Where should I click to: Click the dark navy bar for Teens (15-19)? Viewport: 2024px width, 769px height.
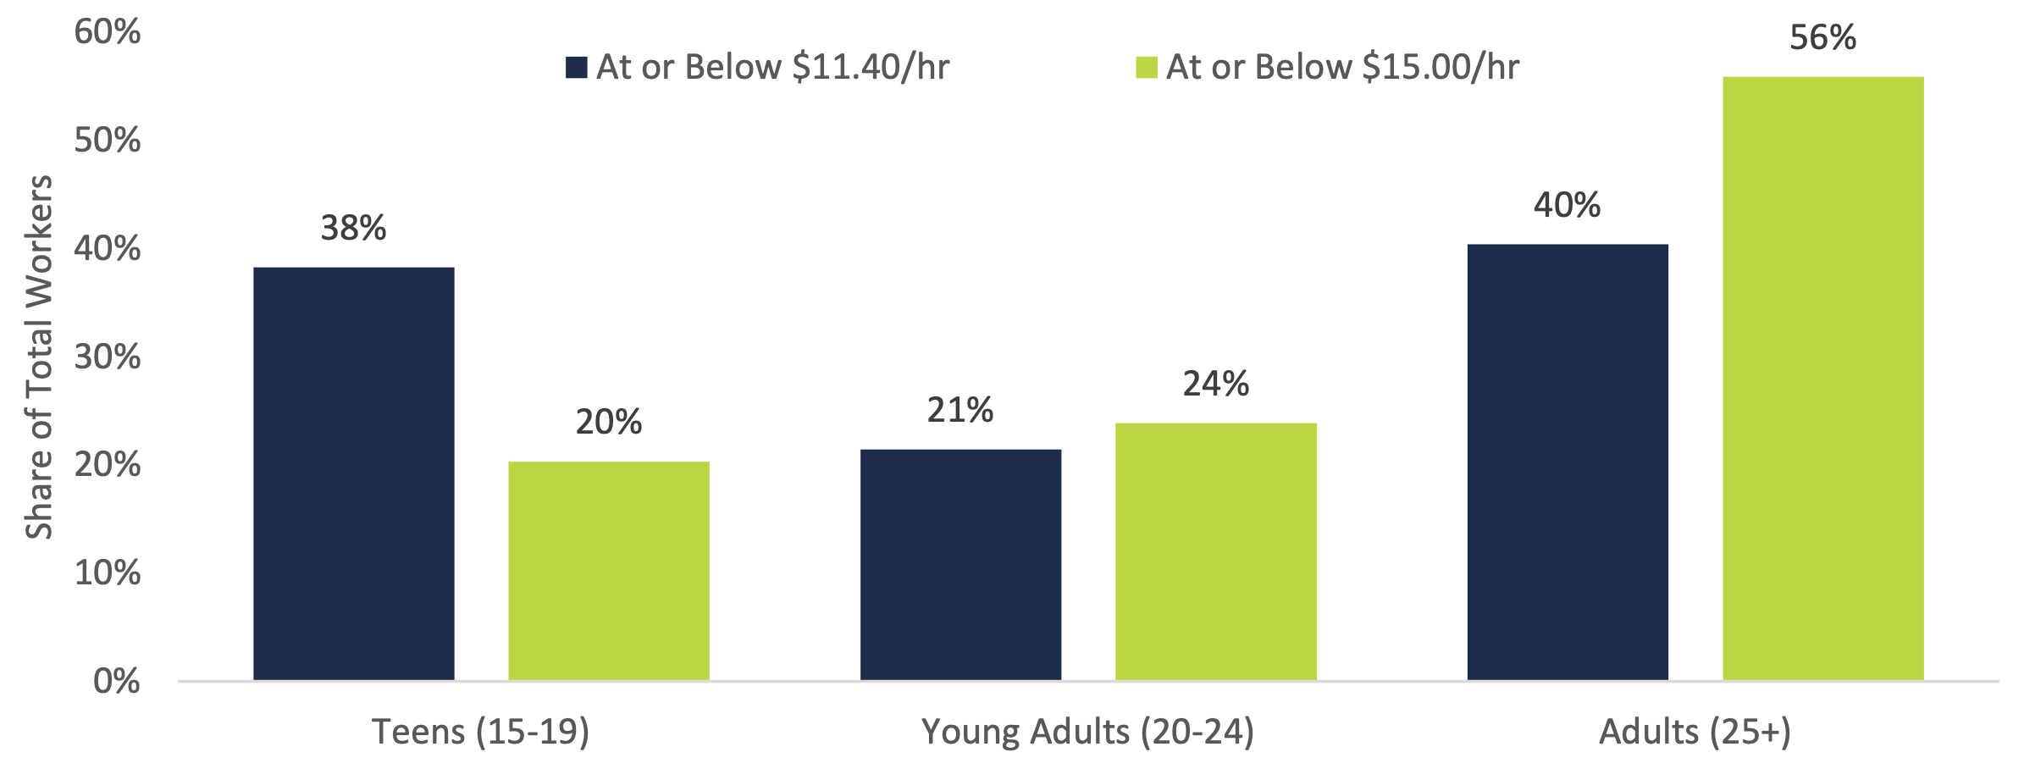coord(353,473)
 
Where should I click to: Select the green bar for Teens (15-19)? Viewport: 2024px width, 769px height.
coord(608,571)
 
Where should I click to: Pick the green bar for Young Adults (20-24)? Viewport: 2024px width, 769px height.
coord(1215,551)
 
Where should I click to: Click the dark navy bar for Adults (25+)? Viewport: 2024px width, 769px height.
coord(1567,462)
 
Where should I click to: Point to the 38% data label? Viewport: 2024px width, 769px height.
coord(353,228)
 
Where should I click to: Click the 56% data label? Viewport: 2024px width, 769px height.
coord(1822,38)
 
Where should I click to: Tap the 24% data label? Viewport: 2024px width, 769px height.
coord(1215,384)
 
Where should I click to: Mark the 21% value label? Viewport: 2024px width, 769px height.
coord(959,411)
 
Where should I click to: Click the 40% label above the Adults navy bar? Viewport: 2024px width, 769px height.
coord(1567,205)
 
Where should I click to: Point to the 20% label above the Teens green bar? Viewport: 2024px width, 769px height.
coord(608,422)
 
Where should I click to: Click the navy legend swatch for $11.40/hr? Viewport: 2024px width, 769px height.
coord(577,68)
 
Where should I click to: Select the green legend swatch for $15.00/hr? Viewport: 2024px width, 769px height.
coord(1147,68)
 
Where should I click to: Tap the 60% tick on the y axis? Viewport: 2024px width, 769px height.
coord(107,32)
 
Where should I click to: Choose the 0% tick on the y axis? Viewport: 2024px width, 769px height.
coord(116,681)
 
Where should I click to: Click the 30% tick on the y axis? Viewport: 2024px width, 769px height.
coord(107,357)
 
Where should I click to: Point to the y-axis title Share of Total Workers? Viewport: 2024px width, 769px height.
coord(39,357)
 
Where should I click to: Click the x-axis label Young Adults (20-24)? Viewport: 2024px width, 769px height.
coord(1087,731)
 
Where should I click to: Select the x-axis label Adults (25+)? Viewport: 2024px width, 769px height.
coord(1695,731)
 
